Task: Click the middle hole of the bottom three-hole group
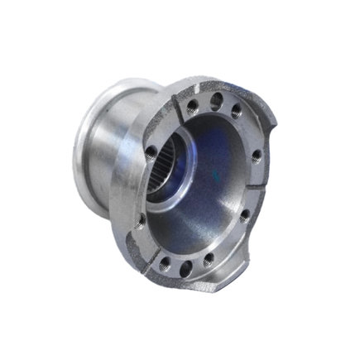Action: [x=185, y=266]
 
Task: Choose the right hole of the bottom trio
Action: [x=208, y=259]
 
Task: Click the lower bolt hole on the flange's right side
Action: [x=245, y=214]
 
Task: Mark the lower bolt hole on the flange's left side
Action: [x=142, y=218]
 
